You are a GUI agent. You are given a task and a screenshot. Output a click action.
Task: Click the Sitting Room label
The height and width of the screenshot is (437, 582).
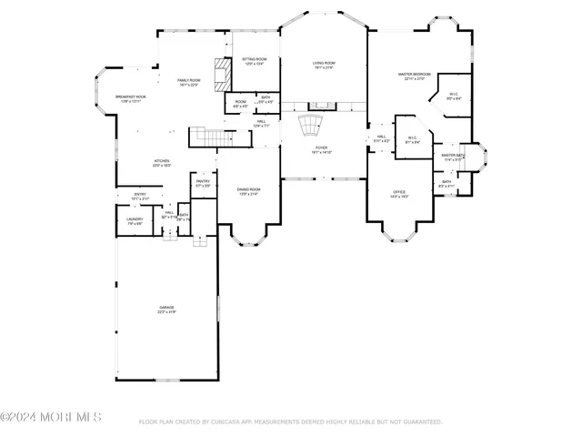click(254, 61)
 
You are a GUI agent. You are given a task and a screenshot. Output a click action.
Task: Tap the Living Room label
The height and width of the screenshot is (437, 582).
click(323, 64)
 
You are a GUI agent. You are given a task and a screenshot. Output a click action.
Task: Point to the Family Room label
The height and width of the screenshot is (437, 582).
click(188, 82)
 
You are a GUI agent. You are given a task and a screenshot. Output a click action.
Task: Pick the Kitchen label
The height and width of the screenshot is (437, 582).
click(162, 163)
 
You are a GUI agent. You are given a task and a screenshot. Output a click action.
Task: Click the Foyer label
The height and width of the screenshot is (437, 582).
click(322, 148)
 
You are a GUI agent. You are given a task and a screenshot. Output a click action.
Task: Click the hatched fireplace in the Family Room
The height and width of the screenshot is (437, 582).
click(218, 74)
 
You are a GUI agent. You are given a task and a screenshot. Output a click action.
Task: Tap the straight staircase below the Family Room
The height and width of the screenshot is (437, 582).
click(207, 137)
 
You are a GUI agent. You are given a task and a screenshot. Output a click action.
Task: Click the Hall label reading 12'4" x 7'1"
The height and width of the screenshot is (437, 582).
click(261, 123)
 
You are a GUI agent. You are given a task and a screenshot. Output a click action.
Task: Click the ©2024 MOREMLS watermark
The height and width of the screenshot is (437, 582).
click(51, 418)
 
